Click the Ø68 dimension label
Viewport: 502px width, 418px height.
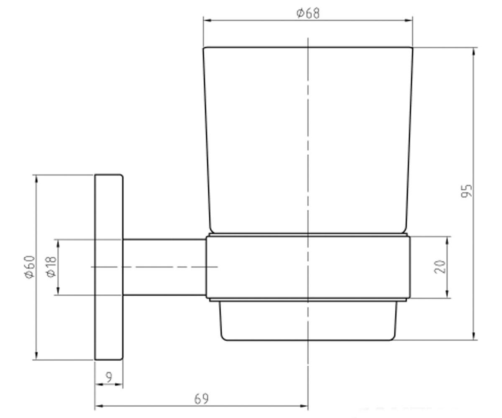click(308, 13)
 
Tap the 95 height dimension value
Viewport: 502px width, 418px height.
click(466, 191)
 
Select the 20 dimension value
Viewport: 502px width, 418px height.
click(440, 266)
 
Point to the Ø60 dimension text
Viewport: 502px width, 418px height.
click(30, 267)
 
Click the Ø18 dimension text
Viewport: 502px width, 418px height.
click(51, 267)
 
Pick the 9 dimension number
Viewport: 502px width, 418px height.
click(109, 377)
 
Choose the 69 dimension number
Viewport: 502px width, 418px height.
click(201, 399)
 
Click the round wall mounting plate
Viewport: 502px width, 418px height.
click(109, 267)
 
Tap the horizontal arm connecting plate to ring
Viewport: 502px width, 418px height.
click(164, 267)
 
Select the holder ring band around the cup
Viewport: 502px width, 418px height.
click(308, 267)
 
